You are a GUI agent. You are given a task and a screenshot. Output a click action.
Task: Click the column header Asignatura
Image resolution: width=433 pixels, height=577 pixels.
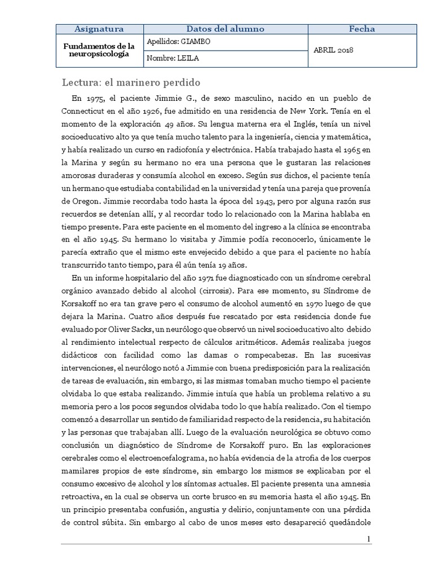99,29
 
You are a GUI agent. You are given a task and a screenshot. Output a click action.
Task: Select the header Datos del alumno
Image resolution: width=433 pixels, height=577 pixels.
225,29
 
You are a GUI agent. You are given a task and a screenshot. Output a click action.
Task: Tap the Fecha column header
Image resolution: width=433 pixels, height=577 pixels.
362,29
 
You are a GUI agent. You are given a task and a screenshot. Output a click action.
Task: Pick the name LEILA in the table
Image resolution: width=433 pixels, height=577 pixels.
188,59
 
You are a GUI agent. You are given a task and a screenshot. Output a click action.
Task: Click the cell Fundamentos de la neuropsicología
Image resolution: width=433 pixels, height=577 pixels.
99,50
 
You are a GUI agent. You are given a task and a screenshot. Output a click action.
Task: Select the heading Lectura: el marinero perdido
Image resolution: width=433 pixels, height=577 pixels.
131,82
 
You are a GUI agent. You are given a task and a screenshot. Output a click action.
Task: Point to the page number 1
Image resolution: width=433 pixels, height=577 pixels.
369,539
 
